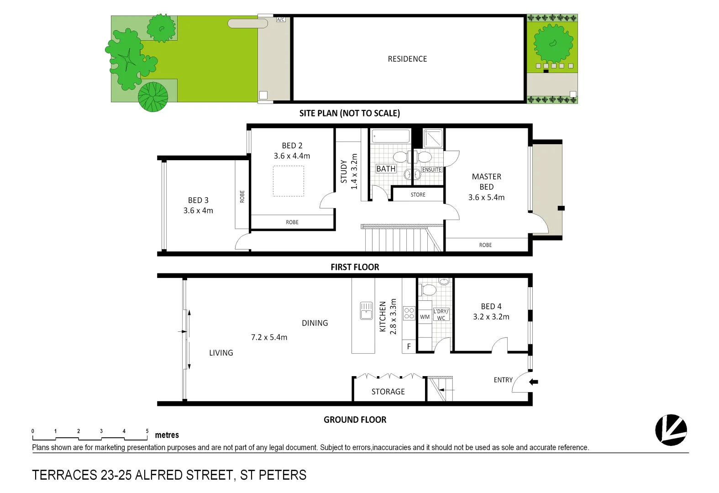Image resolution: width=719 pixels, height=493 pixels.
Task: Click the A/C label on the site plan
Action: pyautogui.click(x=280, y=20)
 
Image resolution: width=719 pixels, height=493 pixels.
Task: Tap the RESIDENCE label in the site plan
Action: pyautogui.click(x=407, y=59)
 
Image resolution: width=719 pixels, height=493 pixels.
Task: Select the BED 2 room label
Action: pyautogui.click(x=292, y=146)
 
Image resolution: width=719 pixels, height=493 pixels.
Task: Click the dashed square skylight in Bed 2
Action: pyautogui.click(x=289, y=181)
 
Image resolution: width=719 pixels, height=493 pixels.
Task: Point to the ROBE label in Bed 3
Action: pyautogui.click(x=242, y=196)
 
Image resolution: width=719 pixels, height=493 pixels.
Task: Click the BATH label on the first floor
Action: pyautogui.click(x=386, y=169)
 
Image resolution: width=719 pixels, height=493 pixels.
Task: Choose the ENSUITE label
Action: pyautogui.click(x=431, y=170)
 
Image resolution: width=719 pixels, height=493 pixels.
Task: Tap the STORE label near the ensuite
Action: pyautogui.click(x=418, y=195)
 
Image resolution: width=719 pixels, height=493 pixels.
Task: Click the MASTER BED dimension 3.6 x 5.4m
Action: pyautogui.click(x=486, y=198)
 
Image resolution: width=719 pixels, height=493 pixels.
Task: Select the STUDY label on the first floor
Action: pyautogui.click(x=344, y=171)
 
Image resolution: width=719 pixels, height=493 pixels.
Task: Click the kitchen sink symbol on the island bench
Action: pyautogui.click(x=366, y=310)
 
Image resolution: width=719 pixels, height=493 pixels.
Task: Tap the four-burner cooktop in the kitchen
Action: pyautogui.click(x=409, y=313)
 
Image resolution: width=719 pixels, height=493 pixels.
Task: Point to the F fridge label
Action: pyautogui.click(x=409, y=346)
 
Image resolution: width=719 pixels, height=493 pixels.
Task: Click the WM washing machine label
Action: pyautogui.click(x=425, y=317)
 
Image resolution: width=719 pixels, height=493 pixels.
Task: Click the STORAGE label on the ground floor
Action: pyautogui.click(x=388, y=392)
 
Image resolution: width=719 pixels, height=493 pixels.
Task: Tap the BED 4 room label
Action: pyautogui.click(x=491, y=306)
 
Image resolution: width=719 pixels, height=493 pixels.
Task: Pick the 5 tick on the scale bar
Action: pyautogui.click(x=147, y=431)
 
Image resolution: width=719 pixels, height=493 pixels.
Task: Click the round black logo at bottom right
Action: pyautogui.click(x=671, y=430)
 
